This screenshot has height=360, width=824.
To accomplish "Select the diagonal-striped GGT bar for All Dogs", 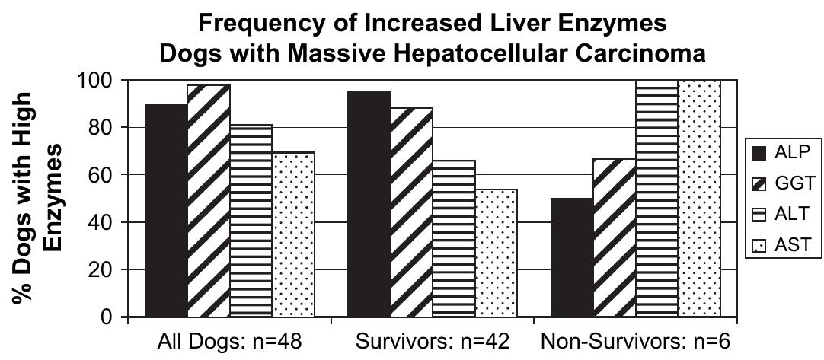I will pos(208,201).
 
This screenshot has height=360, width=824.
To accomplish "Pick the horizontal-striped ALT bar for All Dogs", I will pos(251,221).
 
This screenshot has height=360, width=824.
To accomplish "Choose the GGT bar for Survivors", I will pos(411,212).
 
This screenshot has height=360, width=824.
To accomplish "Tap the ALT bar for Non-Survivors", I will pos(656,198).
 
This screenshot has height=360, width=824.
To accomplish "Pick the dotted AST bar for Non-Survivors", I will pos(699,198).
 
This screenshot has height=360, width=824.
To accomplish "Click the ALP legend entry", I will pos(782,151).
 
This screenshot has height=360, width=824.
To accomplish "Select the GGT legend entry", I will pos(782,183).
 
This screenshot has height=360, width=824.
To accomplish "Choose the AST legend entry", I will pos(782,246).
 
